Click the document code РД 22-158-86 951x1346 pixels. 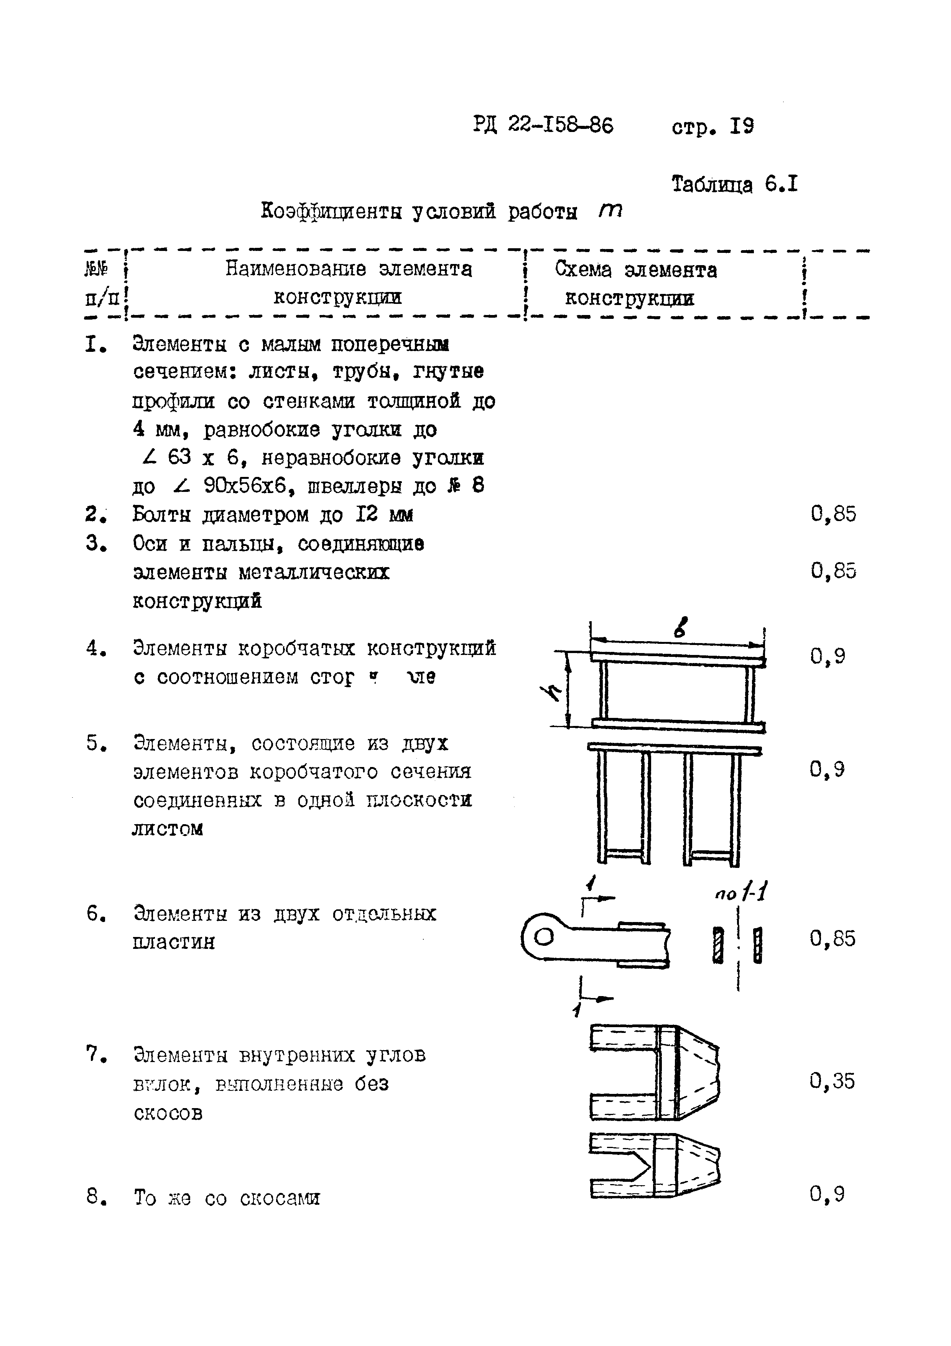543,125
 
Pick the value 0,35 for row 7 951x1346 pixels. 832,1081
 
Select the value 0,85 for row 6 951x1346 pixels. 832,939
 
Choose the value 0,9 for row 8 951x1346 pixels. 827,1194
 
